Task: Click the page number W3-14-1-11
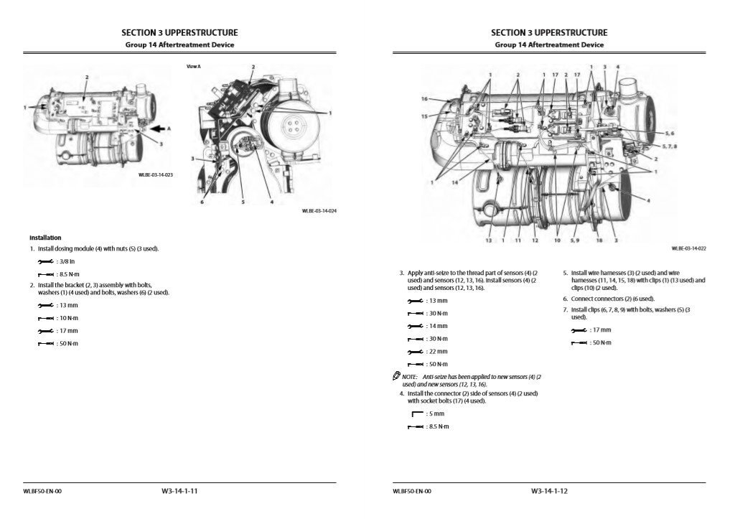(179, 491)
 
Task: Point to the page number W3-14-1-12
(549, 491)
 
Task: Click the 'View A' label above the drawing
(194, 66)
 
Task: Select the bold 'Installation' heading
(45, 238)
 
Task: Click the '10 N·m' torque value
(68, 318)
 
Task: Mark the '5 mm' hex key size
(436, 414)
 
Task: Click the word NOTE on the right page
(409, 377)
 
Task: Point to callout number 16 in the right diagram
(424, 99)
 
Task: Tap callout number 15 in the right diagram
(424, 116)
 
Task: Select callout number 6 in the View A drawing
(202, 203)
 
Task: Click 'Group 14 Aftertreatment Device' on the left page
(179, 45)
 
